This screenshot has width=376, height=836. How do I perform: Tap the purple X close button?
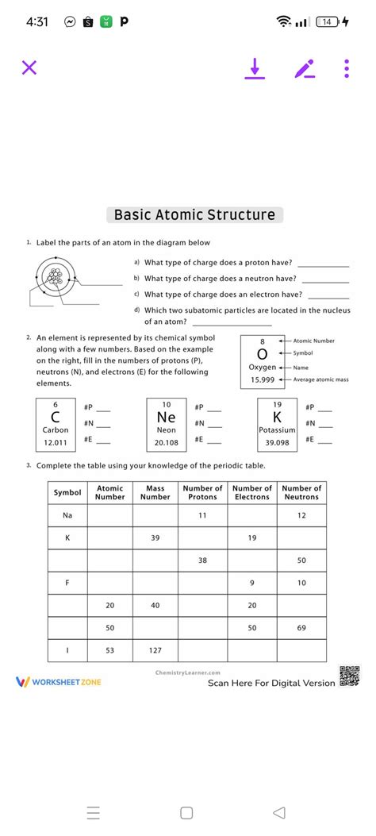pyautogui.click(x=29, y=68)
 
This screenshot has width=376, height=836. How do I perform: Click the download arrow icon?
pyautogui.click(x=254, y=69)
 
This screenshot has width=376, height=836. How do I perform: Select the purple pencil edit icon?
pyautogui.click(x=304, y=69)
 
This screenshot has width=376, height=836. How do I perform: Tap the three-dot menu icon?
pyautogui.click(x=347, y=69)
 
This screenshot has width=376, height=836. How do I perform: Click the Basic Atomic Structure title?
pyautogui.click(x=194, y=215)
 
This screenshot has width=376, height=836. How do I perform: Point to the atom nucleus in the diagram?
pyautogui.click(x=55, y=278)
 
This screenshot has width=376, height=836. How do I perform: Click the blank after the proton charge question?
pyautogui.click(x=323, y=263)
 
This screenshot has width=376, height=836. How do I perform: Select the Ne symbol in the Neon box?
pyautogui.click(x=166, y=417)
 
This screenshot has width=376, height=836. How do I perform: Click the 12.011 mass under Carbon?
pyautogui.click(x=56, y=442)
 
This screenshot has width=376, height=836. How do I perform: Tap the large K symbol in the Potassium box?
pyautogui.click(x=277, y=417)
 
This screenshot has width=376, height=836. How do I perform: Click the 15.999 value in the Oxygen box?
pyautogui.click(x=263, y=379)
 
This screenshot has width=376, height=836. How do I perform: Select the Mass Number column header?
pyautogui.click(x=155, y=492)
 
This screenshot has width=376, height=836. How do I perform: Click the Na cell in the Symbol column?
pyautogui.click(x=67, y=515)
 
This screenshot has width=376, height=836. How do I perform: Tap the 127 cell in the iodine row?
pyautogui.click(x=155, y=650)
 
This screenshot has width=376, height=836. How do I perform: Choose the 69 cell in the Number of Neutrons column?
pyautogui.click(x=301, y=628)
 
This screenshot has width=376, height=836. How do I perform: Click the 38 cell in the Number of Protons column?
pyautogui.click(x=202, y=561)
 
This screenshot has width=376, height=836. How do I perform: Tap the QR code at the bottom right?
pyautogui.click(x=349, y=676)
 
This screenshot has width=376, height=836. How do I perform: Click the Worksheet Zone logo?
pyautogui.click(x=59, y=682)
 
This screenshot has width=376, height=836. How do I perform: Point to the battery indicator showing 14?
pyautogui.click(x=326, y=22)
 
